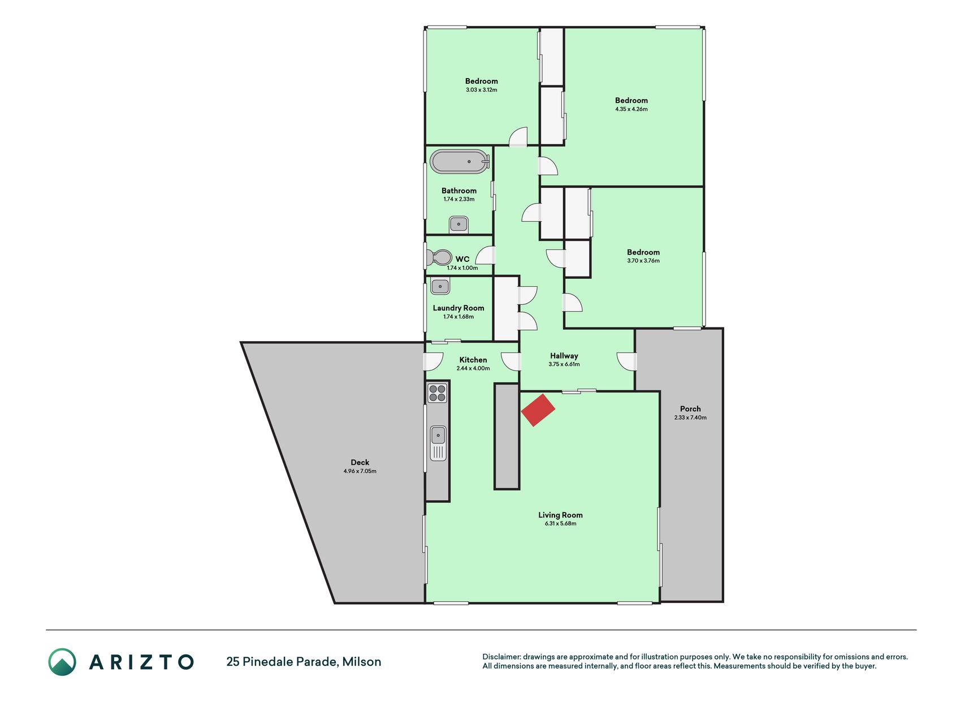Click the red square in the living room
click(x=538, y=410)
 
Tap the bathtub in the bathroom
click(x=460, y=161)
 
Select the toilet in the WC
click(x=439, y=258)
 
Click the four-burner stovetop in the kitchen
click(x=437, y=393)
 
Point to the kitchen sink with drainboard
click(x=438, y=443)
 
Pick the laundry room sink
click(x=440, y=286)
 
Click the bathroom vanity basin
click(x=458, y=225)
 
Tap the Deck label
click(x=360, y=462)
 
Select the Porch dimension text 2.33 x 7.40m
click(x=690, y=417)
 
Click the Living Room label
click(x=560, y=515)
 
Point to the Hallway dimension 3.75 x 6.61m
click(x=564, y=364)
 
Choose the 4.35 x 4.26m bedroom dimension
click(x=631, y=109)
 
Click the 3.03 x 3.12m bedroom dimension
click(x=482, y=90)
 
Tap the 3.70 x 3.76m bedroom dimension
click(x=643, y=261)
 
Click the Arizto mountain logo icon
click(x=62, y=662)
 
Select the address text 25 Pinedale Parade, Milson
click(x=304, y=662)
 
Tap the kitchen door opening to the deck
click(x=434, y=361)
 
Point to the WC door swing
click(x=486, y=256)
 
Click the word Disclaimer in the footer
click(x=501, y=657)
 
